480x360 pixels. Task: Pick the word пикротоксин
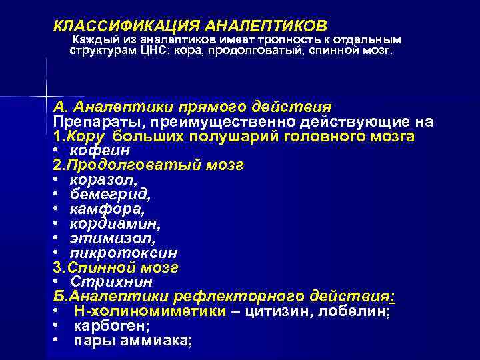[x=123, y=253]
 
